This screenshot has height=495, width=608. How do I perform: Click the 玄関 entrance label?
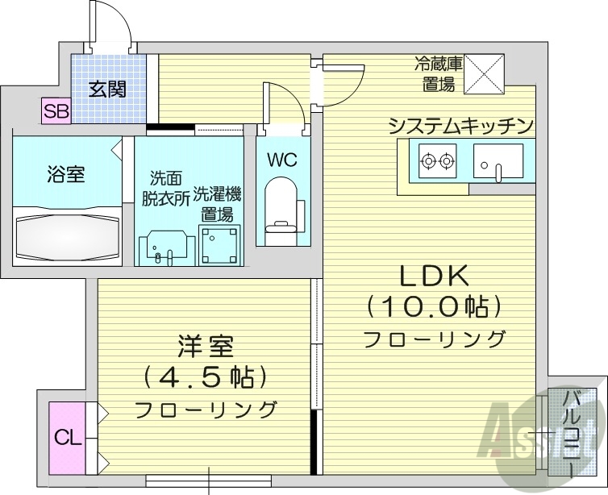107,89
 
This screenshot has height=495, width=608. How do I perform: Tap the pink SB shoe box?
56,111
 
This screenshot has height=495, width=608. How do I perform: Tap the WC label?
282,160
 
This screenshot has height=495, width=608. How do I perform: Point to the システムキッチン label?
461,125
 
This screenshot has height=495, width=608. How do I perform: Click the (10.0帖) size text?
435,306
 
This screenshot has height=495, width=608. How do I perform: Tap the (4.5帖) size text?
206,376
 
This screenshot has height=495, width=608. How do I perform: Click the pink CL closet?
68,439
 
